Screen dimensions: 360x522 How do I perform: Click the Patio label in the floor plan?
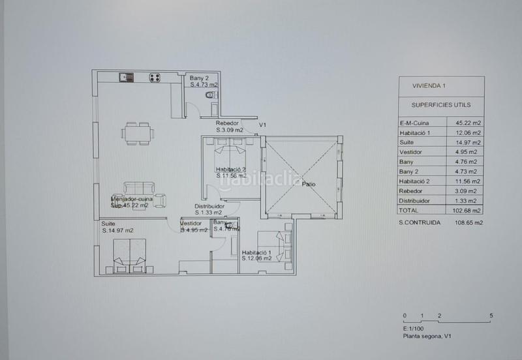tap(309, 185)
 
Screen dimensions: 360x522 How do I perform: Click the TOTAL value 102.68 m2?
tap(468, 211)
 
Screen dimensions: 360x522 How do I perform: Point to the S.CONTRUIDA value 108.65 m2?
tap(468, 222)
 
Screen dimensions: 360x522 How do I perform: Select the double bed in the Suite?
tap(129, 256)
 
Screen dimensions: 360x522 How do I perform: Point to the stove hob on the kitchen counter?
tap(155, 78)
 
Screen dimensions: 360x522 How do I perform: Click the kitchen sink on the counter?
tap(125, 77)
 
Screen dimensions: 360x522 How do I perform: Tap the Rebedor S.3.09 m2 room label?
tap(229, 127)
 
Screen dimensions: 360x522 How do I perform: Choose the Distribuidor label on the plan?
tap(209, 209)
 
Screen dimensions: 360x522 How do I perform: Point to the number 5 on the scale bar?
tap(490, 316)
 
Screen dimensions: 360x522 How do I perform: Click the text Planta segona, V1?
tap(427, 337)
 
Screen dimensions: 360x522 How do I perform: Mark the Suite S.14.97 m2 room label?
tap(117, 227)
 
